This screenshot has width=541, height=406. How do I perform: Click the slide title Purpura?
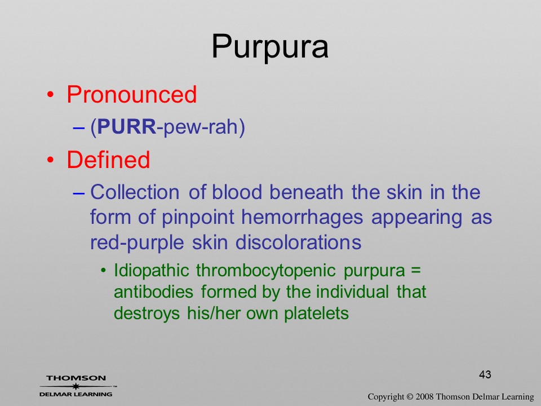coord(270,47)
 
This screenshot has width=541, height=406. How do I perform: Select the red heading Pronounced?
coord(131,94)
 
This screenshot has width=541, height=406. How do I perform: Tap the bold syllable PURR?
coord(127,127)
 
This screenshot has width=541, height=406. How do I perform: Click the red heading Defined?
coord(108,160)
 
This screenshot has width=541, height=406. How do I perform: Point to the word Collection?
coord(135,192)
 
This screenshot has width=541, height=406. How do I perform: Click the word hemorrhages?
coord(302,218)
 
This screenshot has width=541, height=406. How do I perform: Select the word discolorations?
coord(299,242)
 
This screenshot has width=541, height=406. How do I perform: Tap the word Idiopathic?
coord(152,271)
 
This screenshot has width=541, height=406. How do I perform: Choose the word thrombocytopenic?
coord(266,271)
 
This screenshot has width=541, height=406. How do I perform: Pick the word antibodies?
coord(153,292)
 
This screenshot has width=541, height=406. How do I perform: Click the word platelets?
coord(316,314)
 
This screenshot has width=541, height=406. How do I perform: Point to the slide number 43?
coord(485,374)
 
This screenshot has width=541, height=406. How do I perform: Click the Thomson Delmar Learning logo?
coord(77,386)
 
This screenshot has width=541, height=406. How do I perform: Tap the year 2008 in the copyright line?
coord(425,396)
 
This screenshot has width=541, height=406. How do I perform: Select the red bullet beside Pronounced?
coord(51,94)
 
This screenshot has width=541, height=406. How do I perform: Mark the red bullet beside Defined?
coord(51,160)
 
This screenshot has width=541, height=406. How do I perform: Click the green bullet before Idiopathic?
coord(103,271)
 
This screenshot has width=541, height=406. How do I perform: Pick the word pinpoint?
coord(198,218)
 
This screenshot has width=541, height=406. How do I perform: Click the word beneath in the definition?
coord(307,192)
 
